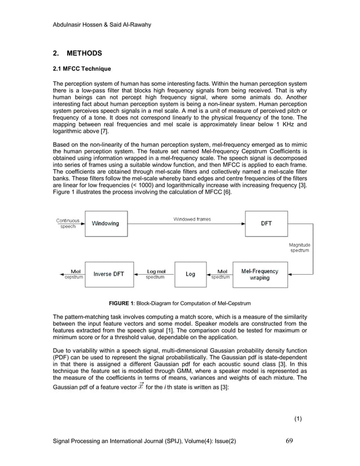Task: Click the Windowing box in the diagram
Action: [x=106, y=223]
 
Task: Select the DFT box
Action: [x=266, y=223]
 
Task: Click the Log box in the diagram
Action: [x=191, y=274]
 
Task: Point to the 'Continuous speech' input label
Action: [x=68, y=223]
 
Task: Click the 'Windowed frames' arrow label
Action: [x=192, y=219]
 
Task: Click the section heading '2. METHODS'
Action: [x=77, y=54]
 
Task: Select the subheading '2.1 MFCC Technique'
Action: [x=81, y=69]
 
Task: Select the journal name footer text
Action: [x=143, y=441]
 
